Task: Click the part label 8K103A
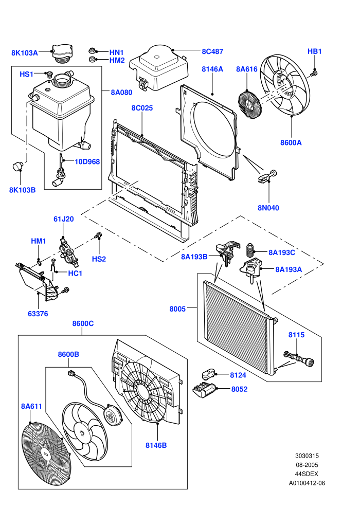(x=25, y=52)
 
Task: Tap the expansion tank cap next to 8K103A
(x=62, y=53)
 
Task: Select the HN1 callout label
(x=117, y=52)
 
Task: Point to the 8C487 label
(x=212, y=51)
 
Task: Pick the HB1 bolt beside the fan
(x=314, y=74)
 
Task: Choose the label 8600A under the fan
(x=291, y=142)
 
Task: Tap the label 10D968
(x=87, y=161)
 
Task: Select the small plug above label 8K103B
(x=18, y=166)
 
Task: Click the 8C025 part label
(x=142, y=108)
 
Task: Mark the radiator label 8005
(x=177, y=308)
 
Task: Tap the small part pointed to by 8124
(x=208, y=374)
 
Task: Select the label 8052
(x=239, y=389)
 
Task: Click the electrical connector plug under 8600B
(x=71, y=373)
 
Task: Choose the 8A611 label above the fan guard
(x=31, y=406)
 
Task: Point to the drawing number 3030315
(x=307, y=456)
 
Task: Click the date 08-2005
(x=307, y=465)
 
